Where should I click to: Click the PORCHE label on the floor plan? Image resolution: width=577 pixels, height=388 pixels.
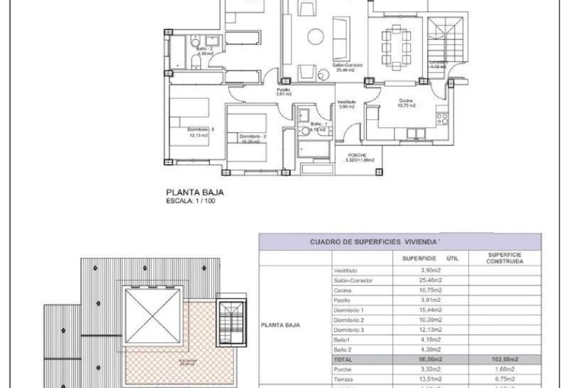click(x=352, y=155)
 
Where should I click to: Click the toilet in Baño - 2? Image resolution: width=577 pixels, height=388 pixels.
click(x=196, y=63)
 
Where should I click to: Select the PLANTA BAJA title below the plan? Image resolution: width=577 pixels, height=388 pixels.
click(x=196, y=192)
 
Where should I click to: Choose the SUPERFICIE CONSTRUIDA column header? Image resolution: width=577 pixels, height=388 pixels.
click(x=504, y=258)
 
